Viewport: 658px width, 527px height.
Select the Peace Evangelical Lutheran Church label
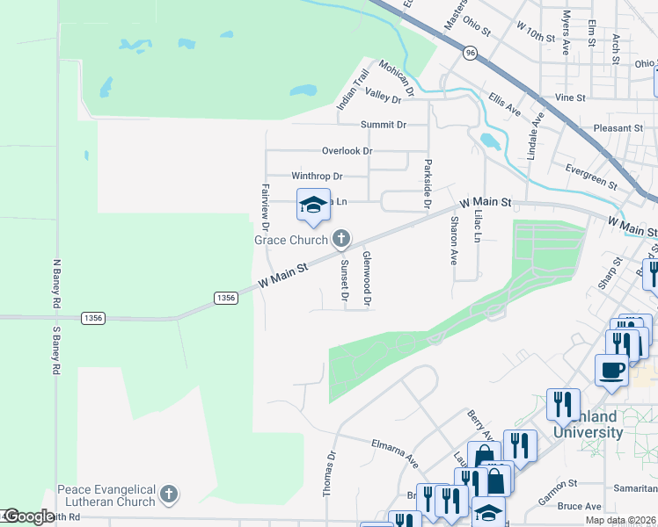click(106, 495)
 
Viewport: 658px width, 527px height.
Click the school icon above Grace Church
click(313, 206)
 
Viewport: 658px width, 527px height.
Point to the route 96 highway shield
click(471, 54)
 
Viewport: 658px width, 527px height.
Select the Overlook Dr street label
click(347, 151)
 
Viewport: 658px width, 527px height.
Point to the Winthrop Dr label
click(317, 177)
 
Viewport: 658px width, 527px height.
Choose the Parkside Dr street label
click(427, 183)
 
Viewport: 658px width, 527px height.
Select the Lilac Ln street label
click(478, 226)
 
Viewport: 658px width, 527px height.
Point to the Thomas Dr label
click(332, 474)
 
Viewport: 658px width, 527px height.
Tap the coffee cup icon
click(611, 371)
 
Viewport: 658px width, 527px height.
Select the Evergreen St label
click(591, 175)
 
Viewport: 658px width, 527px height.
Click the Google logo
click(28, 516)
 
